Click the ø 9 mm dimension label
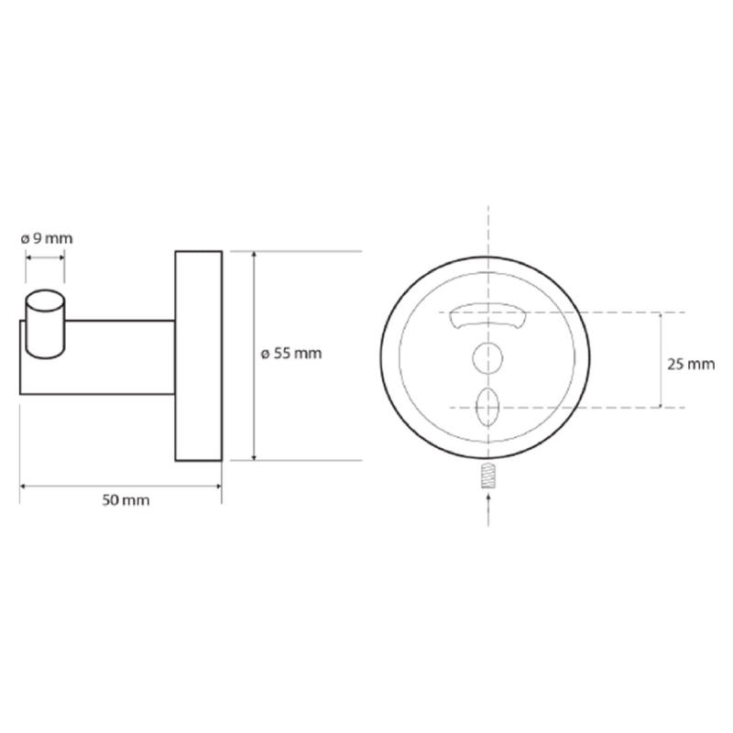(x=47, y=239)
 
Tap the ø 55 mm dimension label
(x=291, y=354)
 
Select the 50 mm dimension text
(x=126, y=500)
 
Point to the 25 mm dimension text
(x=691, y=364)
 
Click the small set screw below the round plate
(x=488, y=476)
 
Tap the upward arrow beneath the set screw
(x=488, y=509)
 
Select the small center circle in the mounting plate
(x=487, y=358)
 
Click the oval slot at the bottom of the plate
(x=487, y=407)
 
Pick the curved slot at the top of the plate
(x=487, y=316)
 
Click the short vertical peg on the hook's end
(x=45, y=324)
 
